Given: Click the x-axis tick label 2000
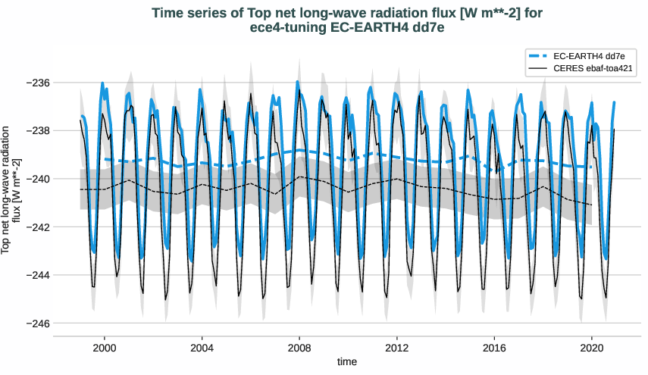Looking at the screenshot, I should (104, 348).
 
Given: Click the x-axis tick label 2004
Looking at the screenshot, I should (202, 348).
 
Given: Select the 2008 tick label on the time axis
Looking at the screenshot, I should (299, 348).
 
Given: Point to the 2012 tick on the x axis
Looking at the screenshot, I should (396, 348).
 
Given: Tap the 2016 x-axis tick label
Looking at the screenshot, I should (493, 348).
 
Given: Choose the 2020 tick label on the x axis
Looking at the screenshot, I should (591, 348).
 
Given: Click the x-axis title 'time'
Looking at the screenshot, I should (347, 362).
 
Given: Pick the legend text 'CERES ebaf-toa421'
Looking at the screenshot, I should (593, 68).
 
